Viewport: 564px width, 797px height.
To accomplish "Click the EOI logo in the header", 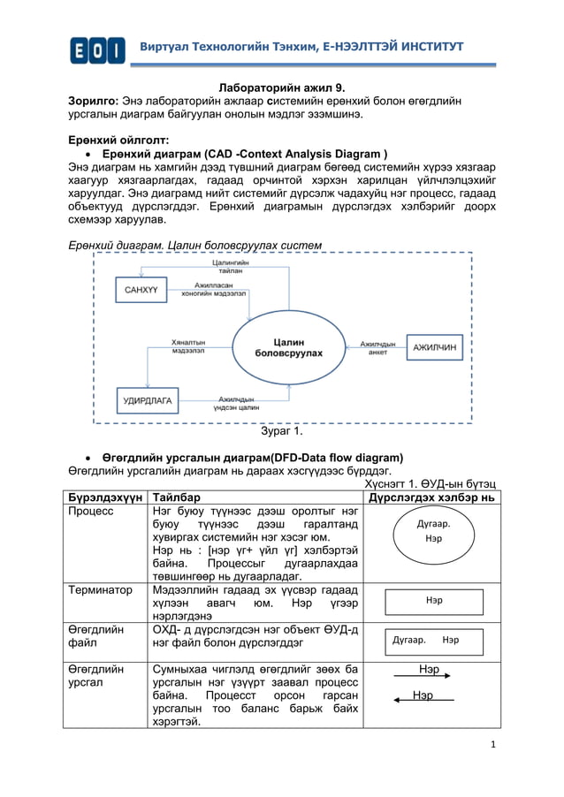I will tap(97, 49).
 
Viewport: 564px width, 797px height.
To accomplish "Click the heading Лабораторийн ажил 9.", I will tap(282, 88).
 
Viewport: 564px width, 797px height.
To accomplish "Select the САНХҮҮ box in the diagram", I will tap(140, 290).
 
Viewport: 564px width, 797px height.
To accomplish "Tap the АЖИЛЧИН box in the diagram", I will tap(434, 347).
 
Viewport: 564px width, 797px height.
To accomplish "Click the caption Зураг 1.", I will tap(281, 432).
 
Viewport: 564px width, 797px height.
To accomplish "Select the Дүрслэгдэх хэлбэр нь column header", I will tap(431, 497).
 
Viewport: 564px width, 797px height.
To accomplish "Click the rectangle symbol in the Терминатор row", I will tap(433, 601).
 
